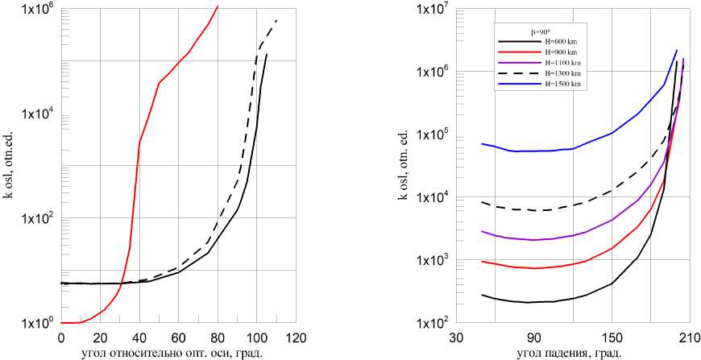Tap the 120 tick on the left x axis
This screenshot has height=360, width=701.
[296, 338]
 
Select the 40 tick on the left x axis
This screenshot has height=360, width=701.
[139, 338]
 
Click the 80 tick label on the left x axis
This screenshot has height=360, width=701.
[218, 338]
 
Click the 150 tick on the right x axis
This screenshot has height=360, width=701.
[612, 338]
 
